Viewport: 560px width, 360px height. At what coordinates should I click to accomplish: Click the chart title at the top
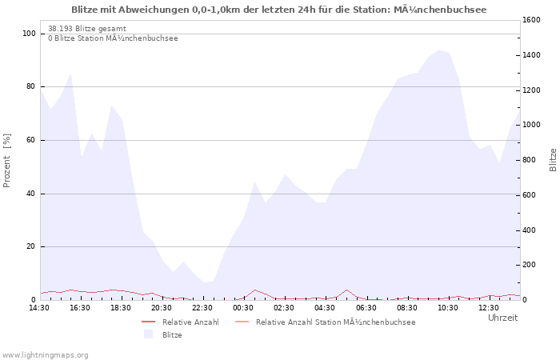coord(278,10)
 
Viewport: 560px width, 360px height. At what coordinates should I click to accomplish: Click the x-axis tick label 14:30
coord(39,308)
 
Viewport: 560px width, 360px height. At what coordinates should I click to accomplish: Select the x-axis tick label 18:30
coord(121,308)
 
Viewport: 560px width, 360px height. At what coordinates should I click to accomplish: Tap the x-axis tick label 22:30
coord(202,308)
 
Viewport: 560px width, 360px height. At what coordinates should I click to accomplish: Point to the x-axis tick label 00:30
coord(243,308)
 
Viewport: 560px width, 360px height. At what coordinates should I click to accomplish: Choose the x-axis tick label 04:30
coord(325,308)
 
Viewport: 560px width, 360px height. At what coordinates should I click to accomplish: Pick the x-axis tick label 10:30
coord(447,308)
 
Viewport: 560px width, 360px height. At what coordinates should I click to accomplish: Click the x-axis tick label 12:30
coord(488,308)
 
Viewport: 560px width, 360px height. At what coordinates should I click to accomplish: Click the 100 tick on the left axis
coord(30,34)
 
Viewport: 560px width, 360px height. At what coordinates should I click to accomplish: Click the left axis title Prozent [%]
coord(7,160)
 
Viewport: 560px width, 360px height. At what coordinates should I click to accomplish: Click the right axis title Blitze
coord(553,159)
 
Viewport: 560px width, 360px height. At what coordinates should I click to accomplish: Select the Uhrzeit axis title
coord(502,318)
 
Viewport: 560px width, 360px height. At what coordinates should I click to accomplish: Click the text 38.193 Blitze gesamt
coord(86,28)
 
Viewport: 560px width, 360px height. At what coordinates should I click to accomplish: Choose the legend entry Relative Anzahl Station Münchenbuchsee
coord(335,322)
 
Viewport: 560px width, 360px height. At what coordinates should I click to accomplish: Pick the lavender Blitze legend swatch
coord(148,335)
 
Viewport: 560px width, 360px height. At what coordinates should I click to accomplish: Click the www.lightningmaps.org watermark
coord(46,354)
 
